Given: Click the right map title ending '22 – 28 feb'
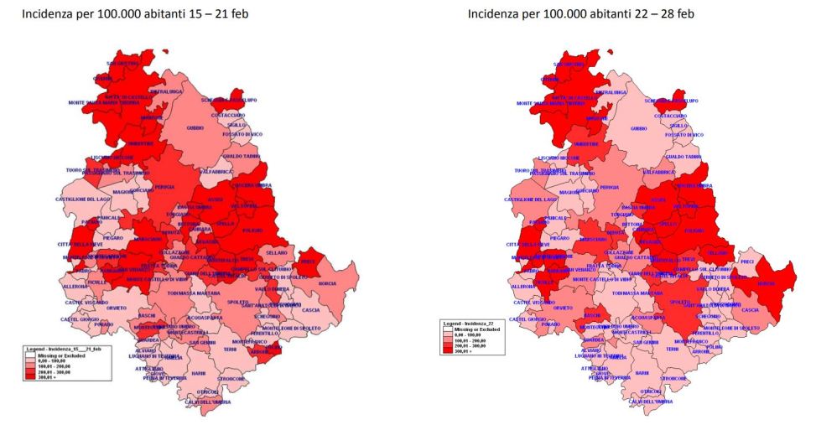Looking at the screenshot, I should [580, 14].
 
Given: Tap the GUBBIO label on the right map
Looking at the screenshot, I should [639, 129].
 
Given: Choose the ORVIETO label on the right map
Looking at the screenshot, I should [564, 308].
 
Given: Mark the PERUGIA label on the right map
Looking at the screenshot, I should [610, 187].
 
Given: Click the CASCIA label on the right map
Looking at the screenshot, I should [751, 310].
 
